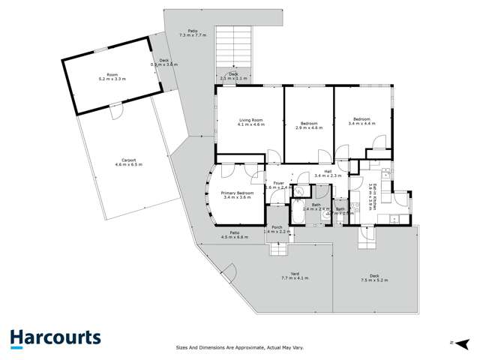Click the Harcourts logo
coord(55,338)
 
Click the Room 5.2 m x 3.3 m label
coord(112,76)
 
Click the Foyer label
coord(277,184)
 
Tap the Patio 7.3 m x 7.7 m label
coord(193,34)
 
